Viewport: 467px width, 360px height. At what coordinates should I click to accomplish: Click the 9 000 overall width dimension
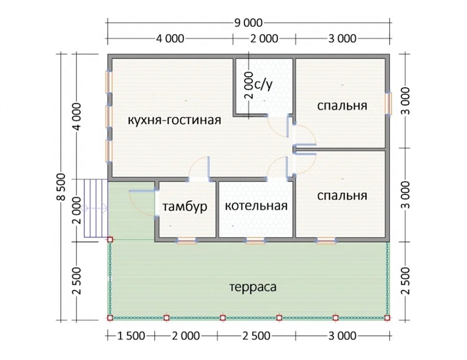coord(249,23)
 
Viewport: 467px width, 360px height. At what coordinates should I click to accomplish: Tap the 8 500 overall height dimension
coord(61,187)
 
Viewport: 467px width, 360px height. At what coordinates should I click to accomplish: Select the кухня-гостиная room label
coord(174,120)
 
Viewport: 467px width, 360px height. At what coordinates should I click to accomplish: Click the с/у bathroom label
coord(264,85)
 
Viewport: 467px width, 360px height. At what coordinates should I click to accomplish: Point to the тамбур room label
coord(185,206)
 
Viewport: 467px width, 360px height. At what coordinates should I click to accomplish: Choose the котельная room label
coord(256,206)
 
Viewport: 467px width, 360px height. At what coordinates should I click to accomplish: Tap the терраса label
coord(253,287)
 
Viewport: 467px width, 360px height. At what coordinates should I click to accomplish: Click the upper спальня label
coord(342,106)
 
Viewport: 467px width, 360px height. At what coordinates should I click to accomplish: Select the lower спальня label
coord(342,196)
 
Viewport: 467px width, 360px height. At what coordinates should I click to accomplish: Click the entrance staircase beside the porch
coord(95,208)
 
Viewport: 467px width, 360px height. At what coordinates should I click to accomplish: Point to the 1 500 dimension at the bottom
coord(131,336)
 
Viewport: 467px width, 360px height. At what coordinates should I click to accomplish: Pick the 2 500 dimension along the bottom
coord(256,336)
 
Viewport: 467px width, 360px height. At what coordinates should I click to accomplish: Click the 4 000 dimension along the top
coord(170,38)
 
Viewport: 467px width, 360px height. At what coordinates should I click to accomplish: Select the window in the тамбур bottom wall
coord(187,241)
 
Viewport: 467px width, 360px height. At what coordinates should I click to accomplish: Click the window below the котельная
coord(255,241)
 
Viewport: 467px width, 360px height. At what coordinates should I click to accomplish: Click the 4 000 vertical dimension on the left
coord(77,116)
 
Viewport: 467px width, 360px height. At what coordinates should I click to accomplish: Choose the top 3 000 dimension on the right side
coord(405,101)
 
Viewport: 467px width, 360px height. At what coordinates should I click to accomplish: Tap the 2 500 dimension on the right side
coord(405,281)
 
